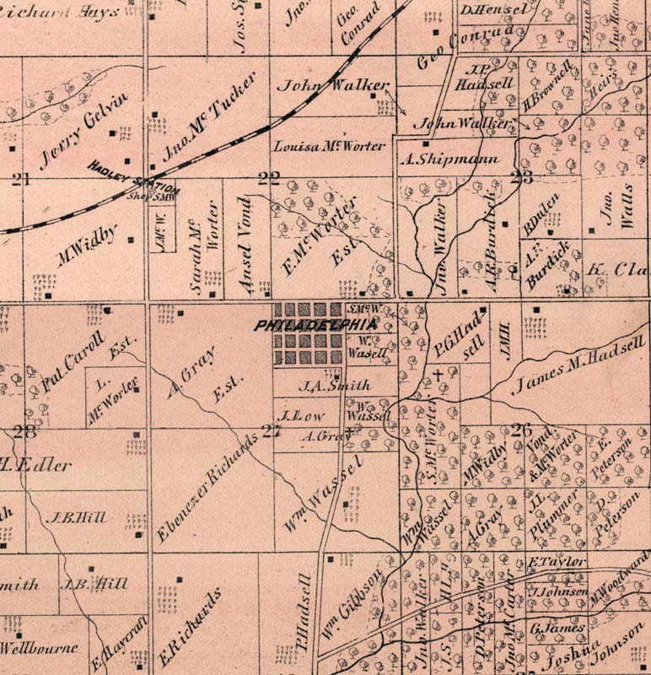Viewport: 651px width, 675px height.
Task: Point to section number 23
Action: point(521,177)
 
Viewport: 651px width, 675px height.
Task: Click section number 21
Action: point(20,178)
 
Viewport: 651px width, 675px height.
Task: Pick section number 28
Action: point(24,431)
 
